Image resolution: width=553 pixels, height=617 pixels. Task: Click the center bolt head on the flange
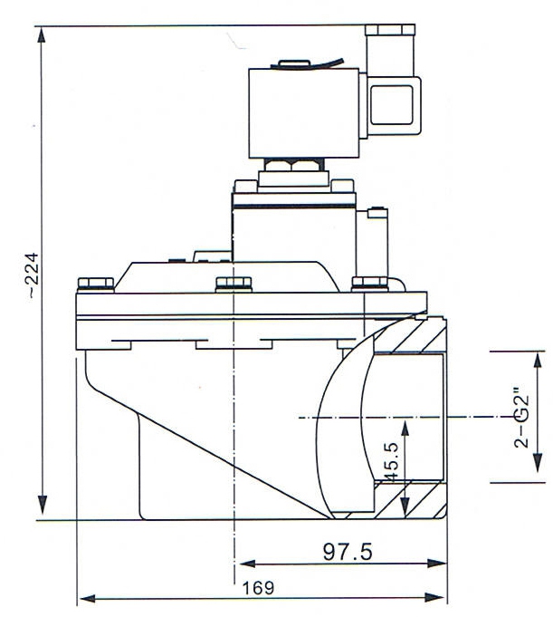[x=227, y=285]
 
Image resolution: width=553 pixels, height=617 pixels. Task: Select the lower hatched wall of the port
[x=412, y=499]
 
